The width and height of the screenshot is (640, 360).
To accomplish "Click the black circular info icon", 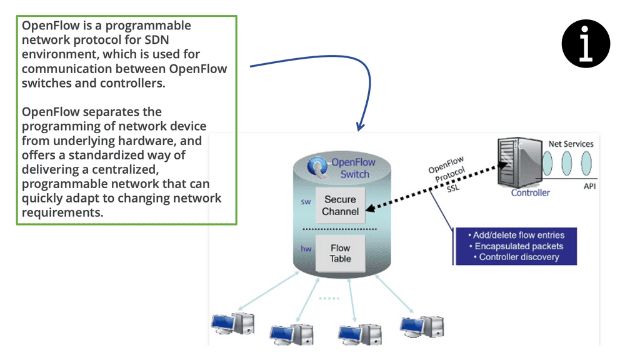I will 586,44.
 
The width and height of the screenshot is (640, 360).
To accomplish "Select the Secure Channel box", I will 341,206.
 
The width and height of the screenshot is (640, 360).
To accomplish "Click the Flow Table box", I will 341,253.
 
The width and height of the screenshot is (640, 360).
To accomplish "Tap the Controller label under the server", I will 530,192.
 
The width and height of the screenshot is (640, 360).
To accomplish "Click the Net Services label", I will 571,144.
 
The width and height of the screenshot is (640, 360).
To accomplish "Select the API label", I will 589,186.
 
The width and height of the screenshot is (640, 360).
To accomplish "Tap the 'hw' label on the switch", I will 306,249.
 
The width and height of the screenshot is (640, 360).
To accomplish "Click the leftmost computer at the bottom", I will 232,322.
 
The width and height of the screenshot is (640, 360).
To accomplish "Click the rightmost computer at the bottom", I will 422,324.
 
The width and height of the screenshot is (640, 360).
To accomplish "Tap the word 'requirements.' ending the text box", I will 62,212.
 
